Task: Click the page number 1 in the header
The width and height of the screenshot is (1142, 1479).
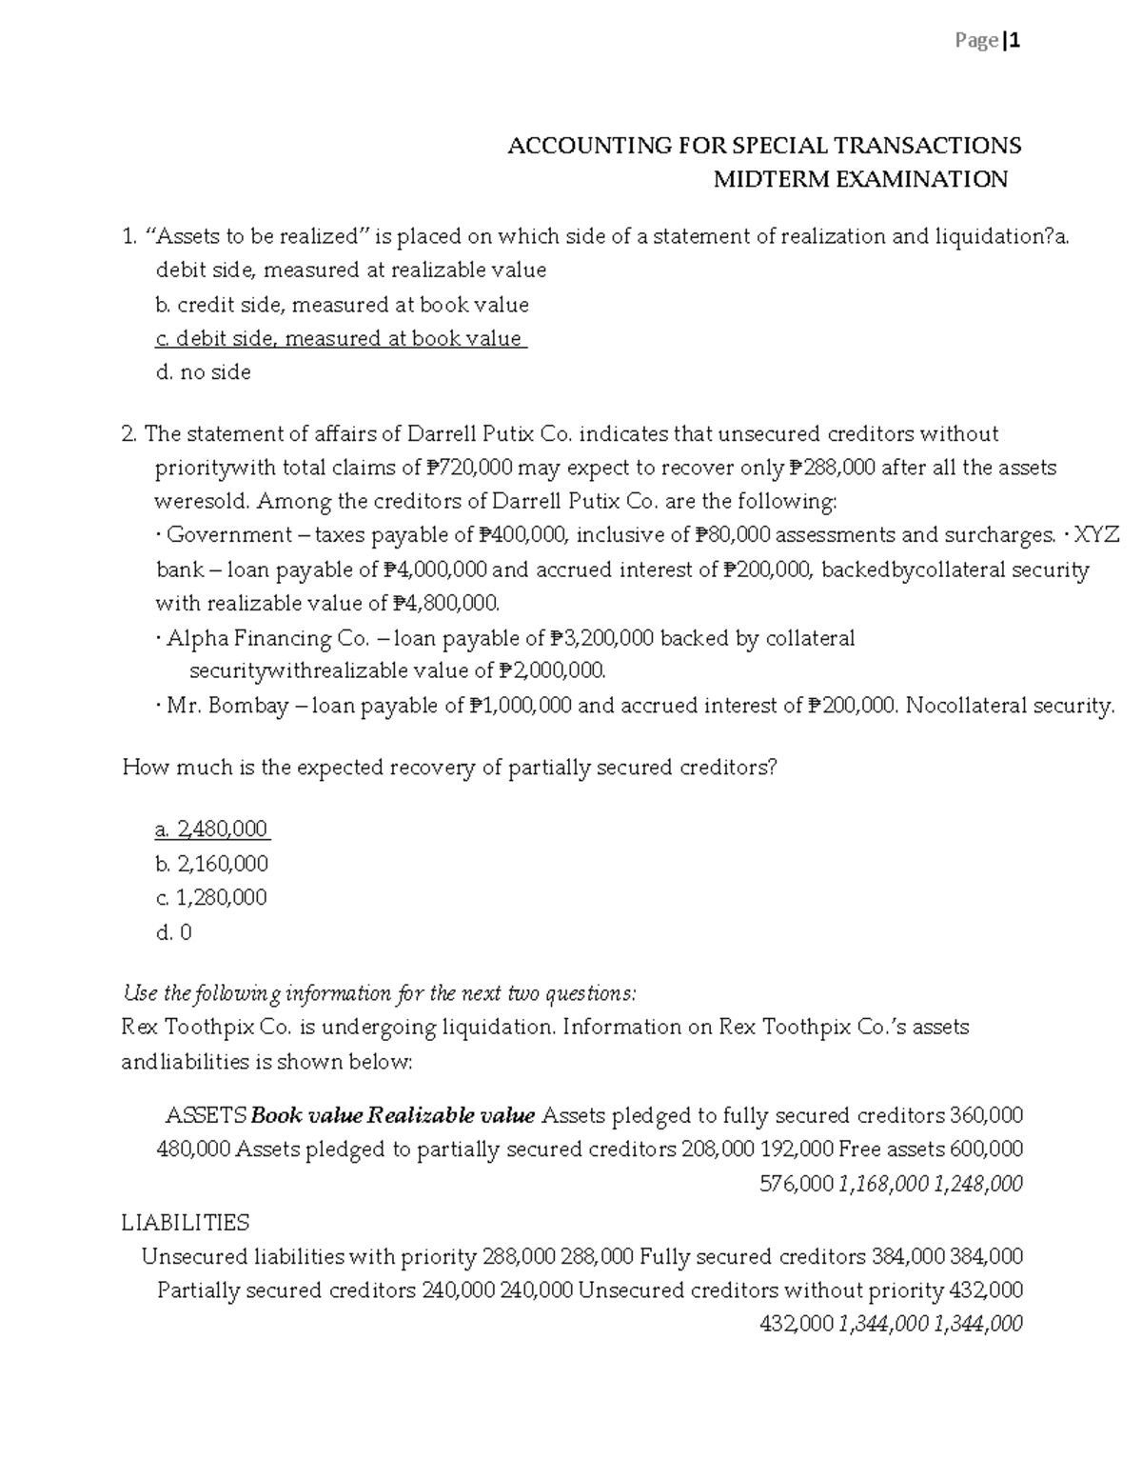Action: click(1015, 41)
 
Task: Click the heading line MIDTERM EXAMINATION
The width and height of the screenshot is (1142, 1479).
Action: click(860, 179)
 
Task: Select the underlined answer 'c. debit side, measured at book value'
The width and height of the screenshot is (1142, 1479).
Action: click(340, 339)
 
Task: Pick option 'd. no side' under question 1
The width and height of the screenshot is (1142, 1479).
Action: click(203, 372)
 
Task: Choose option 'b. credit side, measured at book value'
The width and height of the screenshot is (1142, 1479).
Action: click(342, 305)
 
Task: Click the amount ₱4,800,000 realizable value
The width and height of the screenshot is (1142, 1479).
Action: click(445, 603)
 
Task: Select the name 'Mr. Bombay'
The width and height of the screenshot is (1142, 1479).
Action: click(227, 706)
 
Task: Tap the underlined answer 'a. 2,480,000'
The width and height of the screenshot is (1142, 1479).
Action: click(211, 829)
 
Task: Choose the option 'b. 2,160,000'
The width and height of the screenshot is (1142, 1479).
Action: click(211, 864)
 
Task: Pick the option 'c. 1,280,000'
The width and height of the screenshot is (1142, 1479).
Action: click(210, 897)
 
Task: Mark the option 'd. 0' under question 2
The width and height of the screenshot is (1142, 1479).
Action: click(173, 932)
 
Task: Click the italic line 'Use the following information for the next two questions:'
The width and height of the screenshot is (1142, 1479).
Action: click(379, 994)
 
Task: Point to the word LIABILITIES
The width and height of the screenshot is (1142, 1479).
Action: click(186, 1223)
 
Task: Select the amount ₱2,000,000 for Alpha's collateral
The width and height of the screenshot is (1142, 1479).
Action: click(552, 671)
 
